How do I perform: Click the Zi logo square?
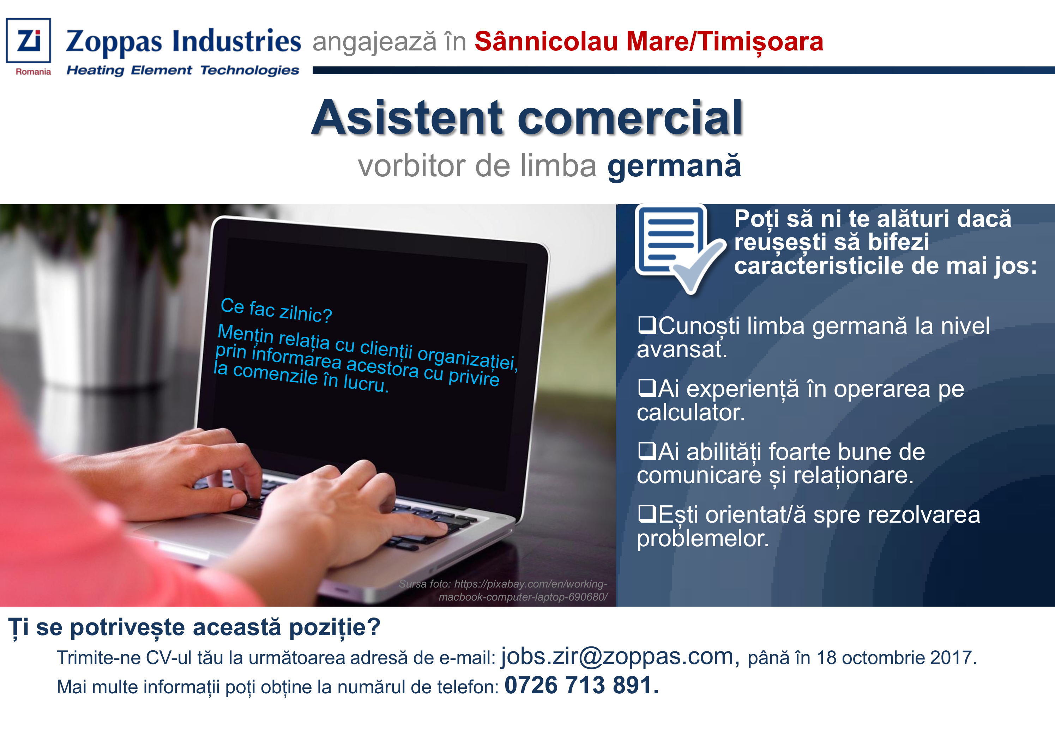(28, 40)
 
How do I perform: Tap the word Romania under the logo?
(33, 72)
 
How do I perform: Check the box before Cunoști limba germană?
(647, 325)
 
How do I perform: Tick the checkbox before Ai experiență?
(647, 388)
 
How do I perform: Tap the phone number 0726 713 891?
(581, 685)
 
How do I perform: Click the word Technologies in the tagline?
(250, 71)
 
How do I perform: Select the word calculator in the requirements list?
(691, 413)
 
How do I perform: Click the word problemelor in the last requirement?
(703, 539)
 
